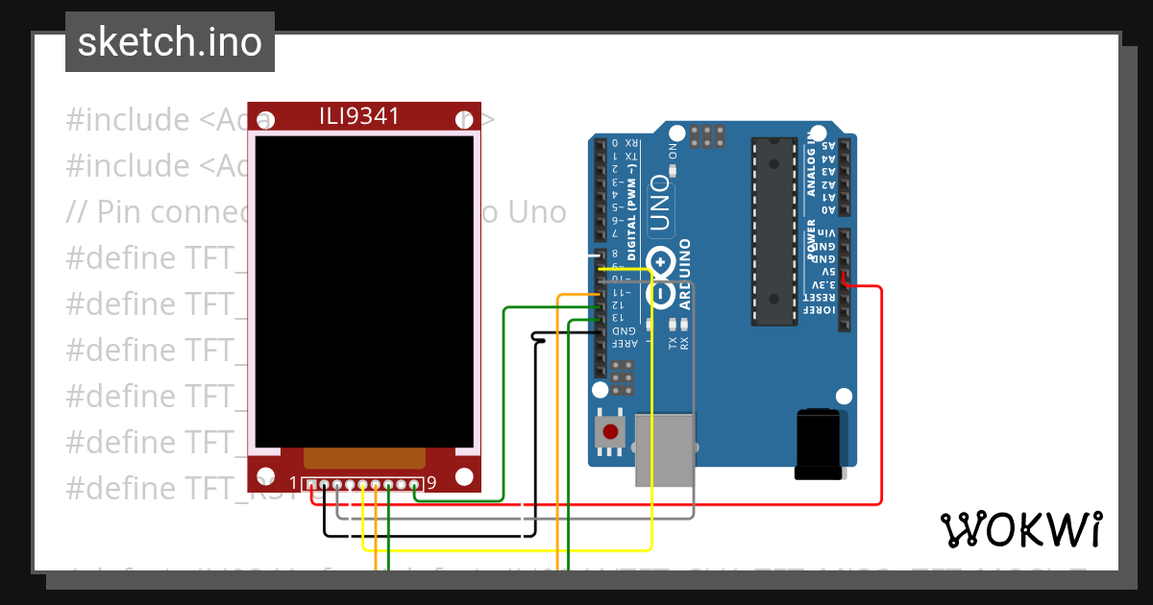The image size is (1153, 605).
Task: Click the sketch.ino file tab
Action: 170,42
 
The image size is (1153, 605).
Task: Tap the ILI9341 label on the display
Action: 359,116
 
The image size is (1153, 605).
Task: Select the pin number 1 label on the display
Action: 294,483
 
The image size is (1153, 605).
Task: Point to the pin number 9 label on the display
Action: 431,483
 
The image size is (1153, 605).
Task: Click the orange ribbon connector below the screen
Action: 364,458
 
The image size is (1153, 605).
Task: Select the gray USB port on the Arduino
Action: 664,449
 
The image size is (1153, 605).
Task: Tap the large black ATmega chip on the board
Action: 774,230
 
